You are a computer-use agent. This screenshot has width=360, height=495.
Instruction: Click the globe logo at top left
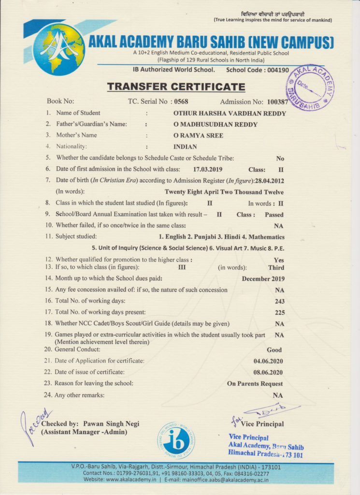tap(58, 48)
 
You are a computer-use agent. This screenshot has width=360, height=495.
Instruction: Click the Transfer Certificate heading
tap(176, 87)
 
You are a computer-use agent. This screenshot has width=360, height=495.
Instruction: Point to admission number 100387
tap(277, 102)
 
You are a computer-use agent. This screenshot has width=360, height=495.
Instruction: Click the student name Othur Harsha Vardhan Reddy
tap(230, 113)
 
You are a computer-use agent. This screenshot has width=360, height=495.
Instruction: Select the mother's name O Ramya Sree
tap(198, 135)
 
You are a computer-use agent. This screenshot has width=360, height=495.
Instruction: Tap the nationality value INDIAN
tap(185, 146)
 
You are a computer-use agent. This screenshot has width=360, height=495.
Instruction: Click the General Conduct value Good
tap(274, 349)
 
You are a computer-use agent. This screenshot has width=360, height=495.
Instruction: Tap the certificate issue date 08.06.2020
tap(268, 372)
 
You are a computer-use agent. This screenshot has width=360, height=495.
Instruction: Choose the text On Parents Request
tap(255, 384)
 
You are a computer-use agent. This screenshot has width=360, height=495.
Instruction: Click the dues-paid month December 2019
tap(263, 278)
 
